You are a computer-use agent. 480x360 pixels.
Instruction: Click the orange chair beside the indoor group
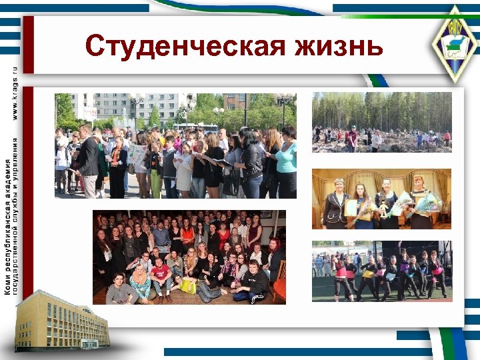point(279,289)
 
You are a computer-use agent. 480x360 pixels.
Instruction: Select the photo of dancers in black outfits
point(381,271)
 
